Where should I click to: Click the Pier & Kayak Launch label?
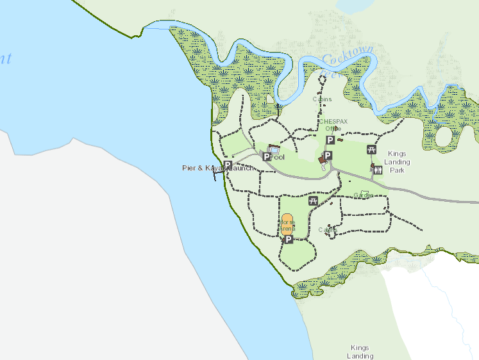pyautogui.click(x=218, y=168)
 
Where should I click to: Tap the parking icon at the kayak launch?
pyautogui.click(x=227, y=165)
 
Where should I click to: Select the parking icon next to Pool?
pyautogui.click(x=267, y=156)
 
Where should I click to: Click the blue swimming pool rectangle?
pyautogui.click(x=274, y=149)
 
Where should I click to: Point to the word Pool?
pyautogui.click(x=277, y=157)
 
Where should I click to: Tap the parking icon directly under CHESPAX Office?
pyautogui.click(x=330, y=140)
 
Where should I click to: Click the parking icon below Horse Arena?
pyautogui.click(x=288, y=240)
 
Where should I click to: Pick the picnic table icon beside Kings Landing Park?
pyautogui.click(x=371, y=150)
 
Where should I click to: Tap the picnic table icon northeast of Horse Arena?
pyautogui.click(x=313, y=201)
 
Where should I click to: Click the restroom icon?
pyautogui.click(x=378, y=170)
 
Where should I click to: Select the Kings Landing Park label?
pyautogui.click(x=397, y=162)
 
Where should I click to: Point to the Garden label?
pyautogui.click(x=363, y=195)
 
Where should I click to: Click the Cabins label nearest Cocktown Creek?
pyautogui.click(x=322, y=99)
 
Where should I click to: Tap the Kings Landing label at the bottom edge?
pyautogui.click(x=360, y=351)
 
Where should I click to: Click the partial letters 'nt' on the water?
pyautogui.click(x=5, y=59)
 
